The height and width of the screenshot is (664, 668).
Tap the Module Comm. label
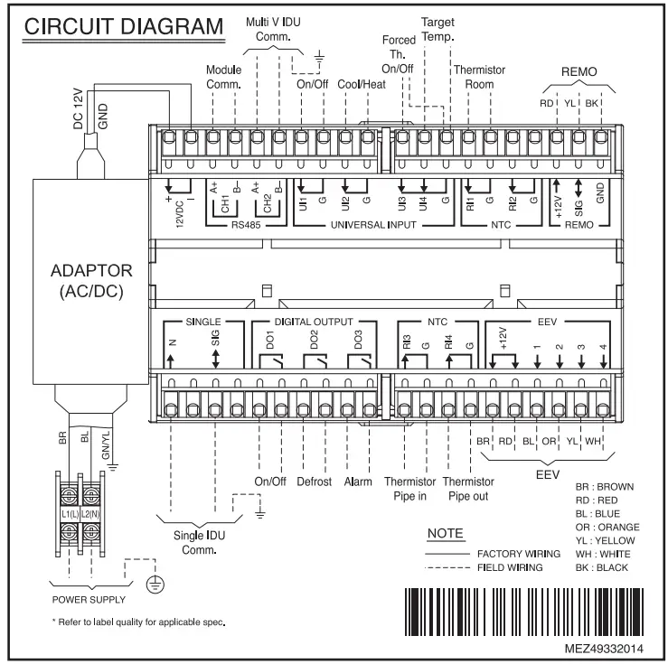tap(224, 76)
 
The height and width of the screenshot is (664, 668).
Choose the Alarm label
tap(359, 482)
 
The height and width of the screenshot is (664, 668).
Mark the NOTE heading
tap(445, 535)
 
